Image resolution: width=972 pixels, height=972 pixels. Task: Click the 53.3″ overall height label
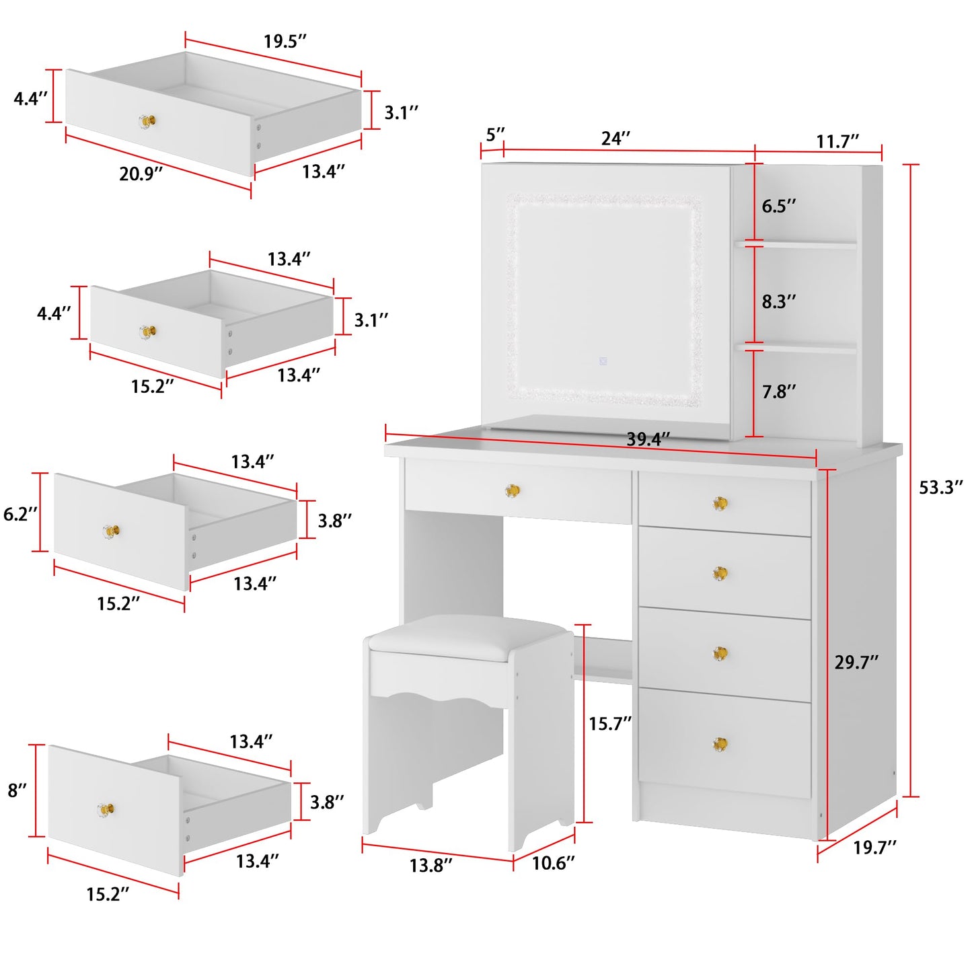(x=940, y=487)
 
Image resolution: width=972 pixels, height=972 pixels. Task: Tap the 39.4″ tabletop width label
(x=648, y=439)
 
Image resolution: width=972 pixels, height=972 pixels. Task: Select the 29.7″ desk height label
(x=856, y=663)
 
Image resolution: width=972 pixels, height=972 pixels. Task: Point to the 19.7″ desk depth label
(x=874, y=848)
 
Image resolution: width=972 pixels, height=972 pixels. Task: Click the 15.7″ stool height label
(x=609, y=724)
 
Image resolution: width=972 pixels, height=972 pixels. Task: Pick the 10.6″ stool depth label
(x=553, y=863)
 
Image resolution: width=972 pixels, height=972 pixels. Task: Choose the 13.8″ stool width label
(x=431, y=865)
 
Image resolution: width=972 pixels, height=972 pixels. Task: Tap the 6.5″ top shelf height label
(x=778, y=206)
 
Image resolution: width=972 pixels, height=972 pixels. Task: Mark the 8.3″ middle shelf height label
(x=778, y=301)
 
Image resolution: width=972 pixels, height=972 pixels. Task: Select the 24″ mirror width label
(x=615, y=139)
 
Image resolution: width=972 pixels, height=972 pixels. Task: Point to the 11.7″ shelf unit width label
(x=837, y=141)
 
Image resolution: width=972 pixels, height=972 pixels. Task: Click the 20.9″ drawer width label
(x=141, y=174)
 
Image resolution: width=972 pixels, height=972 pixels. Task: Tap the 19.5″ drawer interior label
(x=285, y=41)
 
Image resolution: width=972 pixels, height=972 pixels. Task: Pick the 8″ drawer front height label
(x=17, y=790)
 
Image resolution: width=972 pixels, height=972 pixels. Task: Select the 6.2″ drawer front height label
(x=20, y=514)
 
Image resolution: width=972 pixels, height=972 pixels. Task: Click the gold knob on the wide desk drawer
(x=513, y=491)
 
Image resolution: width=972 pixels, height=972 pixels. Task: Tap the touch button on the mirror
(x=603, y=361)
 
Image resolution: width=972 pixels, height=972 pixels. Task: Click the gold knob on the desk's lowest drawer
(x=720, y=744)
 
